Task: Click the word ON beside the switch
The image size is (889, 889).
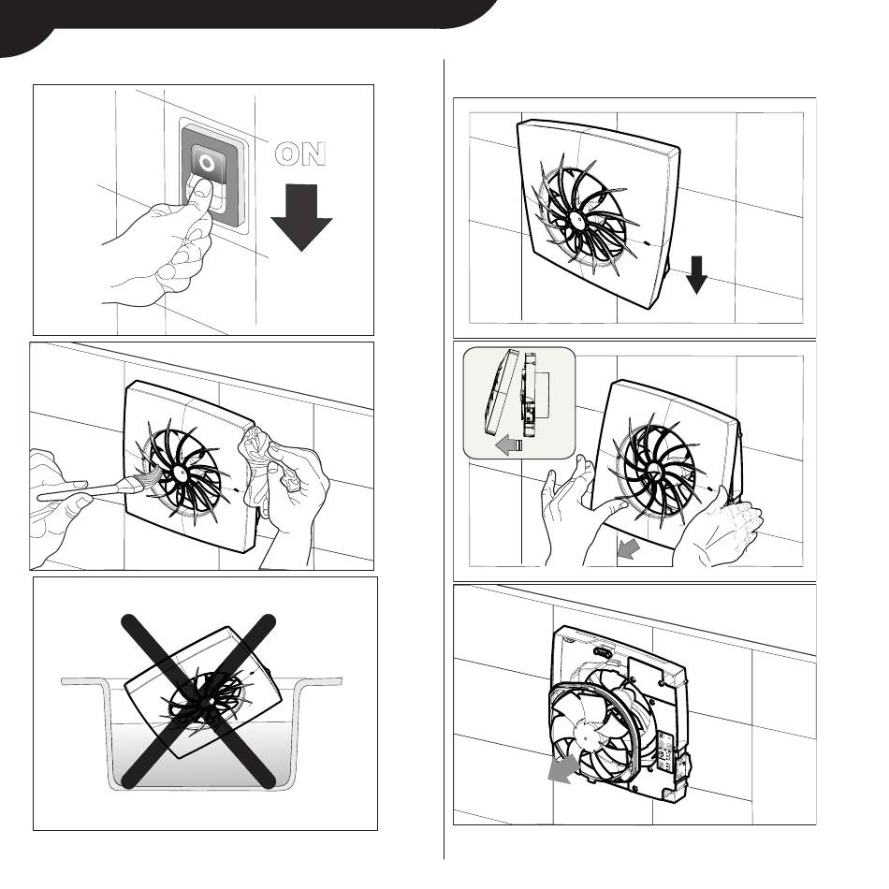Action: (x=300, y=153)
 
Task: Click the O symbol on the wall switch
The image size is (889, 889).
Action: (x=208, y=164)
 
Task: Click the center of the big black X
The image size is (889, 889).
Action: (x=199, y=701)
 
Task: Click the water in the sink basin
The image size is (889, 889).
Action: (x=201, y=754)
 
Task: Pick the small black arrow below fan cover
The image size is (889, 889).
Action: (x=696, y=275)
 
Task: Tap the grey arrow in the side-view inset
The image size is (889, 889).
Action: (x=508, y=445)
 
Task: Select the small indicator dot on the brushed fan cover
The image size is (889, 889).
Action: (x=237, y=488)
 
